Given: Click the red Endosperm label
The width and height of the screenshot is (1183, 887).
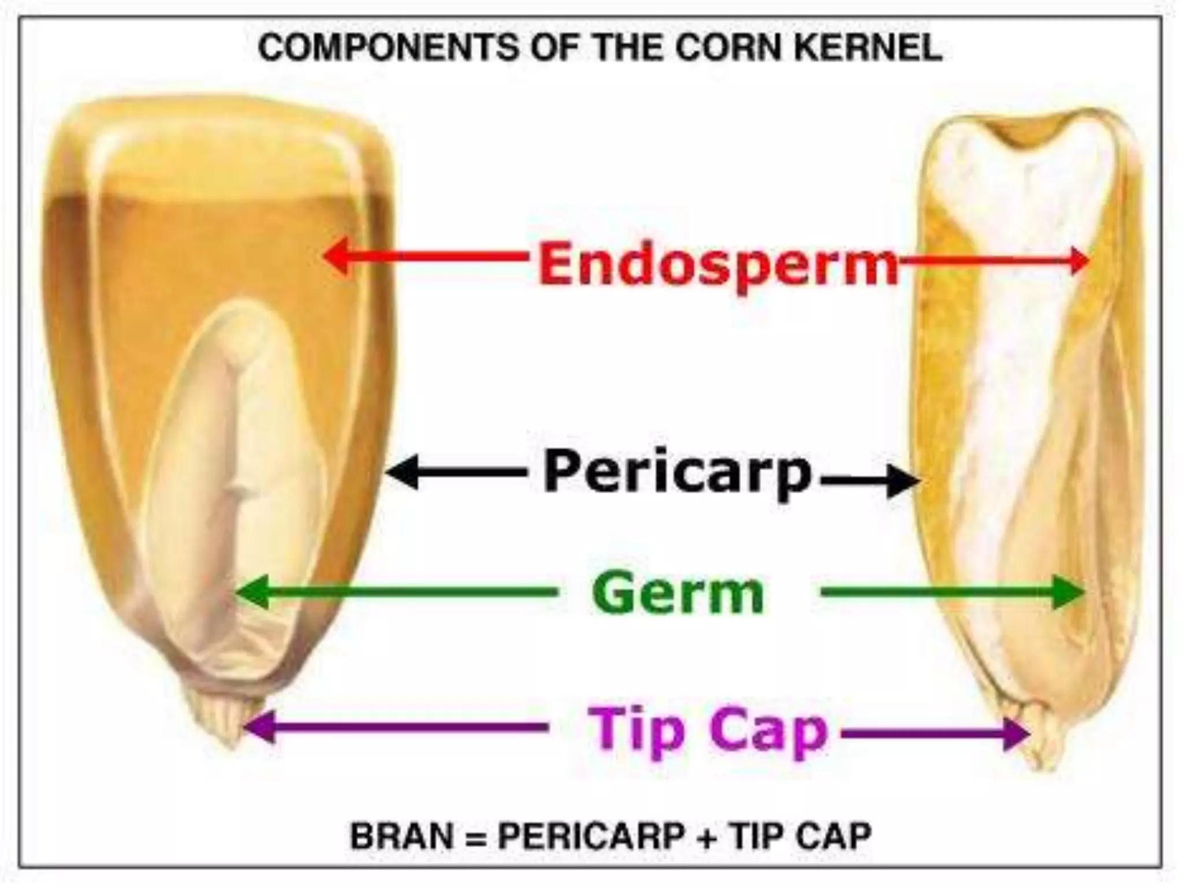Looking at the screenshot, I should [x=718, y=263].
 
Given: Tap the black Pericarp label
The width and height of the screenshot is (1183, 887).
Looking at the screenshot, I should [x=678, y=473].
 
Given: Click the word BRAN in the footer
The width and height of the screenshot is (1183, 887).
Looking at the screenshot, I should [x=402, y=836].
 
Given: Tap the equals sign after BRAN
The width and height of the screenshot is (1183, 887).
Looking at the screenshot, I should [x=475, y=837].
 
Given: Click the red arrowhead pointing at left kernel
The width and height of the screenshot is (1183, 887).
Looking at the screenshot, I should [x=337, y=256].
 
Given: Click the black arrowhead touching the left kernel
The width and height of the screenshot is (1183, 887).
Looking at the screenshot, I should [x=402, y=472].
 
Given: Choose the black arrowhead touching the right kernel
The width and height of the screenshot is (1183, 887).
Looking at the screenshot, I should [x=903, y=480].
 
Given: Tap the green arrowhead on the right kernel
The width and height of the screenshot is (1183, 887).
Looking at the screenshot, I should [x=1069, y=592].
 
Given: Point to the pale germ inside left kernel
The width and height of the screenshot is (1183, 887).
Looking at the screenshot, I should [x=231, y=462].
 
